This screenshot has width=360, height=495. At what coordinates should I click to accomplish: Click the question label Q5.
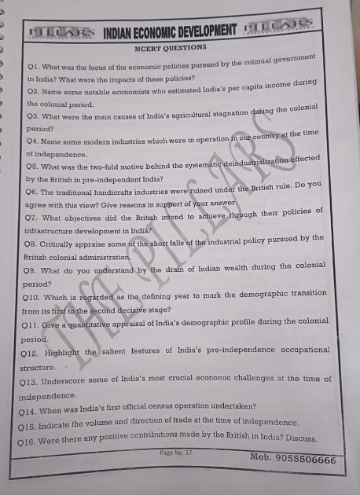tap(33, 165)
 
